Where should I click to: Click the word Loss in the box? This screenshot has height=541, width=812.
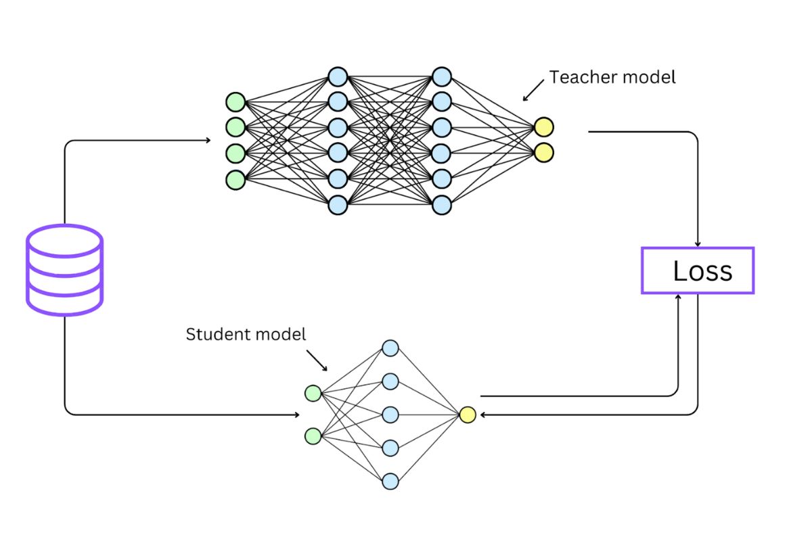click(702, 271)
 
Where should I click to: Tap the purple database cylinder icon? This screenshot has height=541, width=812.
click(64, 270)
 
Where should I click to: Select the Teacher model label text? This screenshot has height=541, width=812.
click(612, 77)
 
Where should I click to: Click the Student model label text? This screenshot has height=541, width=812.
click(246, 334)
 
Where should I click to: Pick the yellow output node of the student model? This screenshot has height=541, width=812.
click(468, 415)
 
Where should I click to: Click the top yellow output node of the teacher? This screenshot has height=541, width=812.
click(543, 126)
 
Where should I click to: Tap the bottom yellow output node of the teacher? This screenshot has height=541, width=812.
click(543, 152)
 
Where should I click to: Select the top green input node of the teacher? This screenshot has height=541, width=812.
click(235, 101)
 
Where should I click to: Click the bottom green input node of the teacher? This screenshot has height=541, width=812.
click(235, 179)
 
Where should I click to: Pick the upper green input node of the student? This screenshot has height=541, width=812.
click(313, 393)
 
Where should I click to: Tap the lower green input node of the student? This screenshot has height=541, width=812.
click(313, 436)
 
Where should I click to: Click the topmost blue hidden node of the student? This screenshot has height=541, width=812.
click(390, 348)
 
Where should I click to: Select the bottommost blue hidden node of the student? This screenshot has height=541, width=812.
click(390, 481)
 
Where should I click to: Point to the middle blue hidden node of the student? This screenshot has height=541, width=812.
click(390, 415)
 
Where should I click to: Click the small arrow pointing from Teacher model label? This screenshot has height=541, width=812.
click(533, 91)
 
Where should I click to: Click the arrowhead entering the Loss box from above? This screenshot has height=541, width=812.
click(698, 243)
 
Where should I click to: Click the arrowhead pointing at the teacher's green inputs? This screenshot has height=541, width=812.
click(208, 140)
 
